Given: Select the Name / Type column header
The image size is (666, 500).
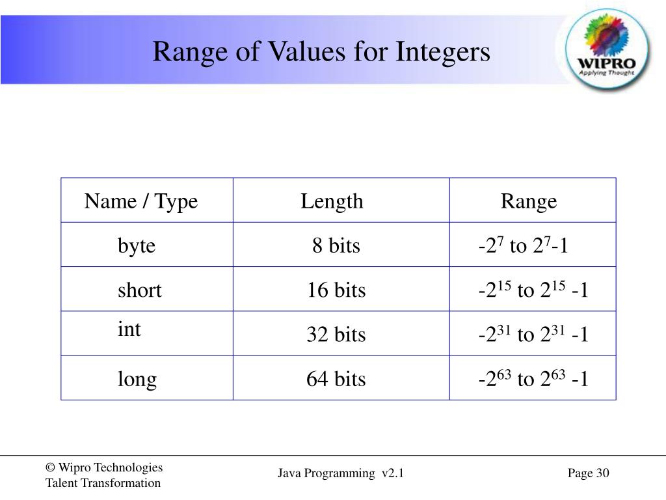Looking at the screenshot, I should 140,201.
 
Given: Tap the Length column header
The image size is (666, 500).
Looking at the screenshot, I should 332,201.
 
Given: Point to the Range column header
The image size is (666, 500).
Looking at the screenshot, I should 528,201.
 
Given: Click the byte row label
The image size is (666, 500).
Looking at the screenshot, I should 137,245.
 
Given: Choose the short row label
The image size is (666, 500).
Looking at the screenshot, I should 139,290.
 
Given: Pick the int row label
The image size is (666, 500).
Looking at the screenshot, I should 129,329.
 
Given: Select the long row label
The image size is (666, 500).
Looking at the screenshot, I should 137,379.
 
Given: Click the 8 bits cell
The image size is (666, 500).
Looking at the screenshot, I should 336,245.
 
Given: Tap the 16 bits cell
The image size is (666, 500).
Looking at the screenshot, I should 336,290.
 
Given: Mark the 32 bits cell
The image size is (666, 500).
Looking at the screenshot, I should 336,335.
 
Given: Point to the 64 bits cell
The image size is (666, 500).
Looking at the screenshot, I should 336,379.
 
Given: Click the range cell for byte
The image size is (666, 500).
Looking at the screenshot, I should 523,245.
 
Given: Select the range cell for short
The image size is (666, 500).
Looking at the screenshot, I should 533,290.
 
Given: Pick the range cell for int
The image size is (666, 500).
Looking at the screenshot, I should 533,335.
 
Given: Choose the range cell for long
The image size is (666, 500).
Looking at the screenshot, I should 533,379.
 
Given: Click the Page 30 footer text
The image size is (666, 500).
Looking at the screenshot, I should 588,473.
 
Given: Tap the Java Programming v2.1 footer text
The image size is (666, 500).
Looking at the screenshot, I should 341,473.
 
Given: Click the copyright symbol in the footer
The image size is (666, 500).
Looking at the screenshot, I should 49,467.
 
